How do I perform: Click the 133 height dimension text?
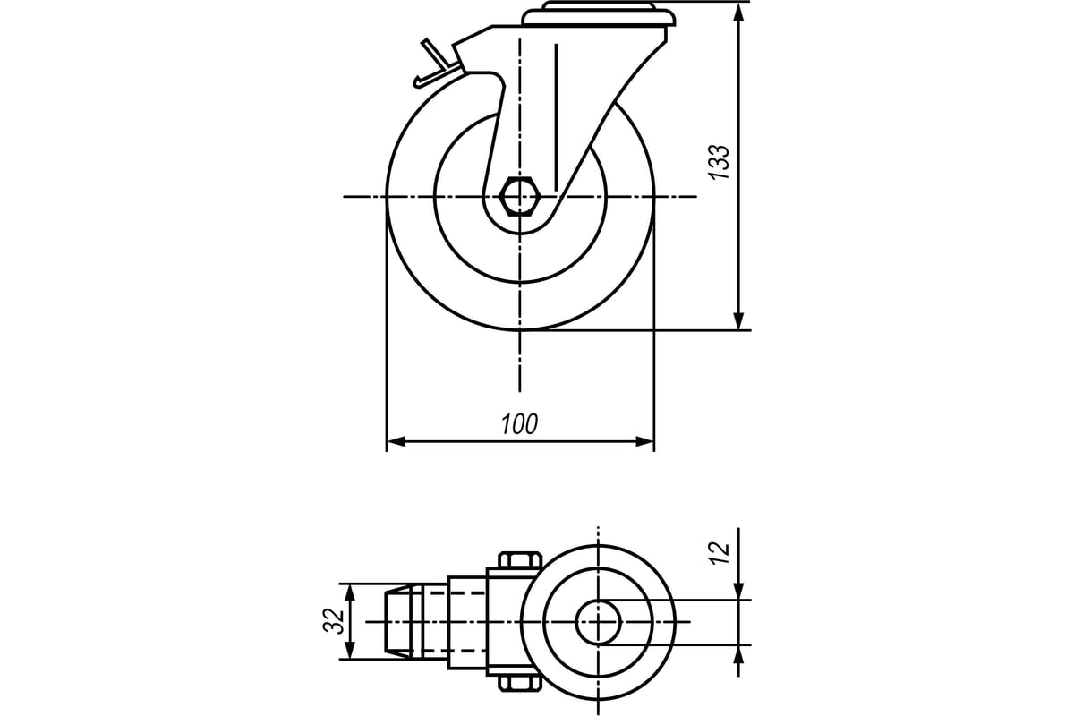click(719, 162)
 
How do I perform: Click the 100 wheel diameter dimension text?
click(519, 424)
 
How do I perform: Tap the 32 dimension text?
click(334, 621)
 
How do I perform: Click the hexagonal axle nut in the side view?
click(520, 197)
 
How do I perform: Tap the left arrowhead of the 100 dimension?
click(396, 442)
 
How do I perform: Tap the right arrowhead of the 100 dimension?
click(645, 442)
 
